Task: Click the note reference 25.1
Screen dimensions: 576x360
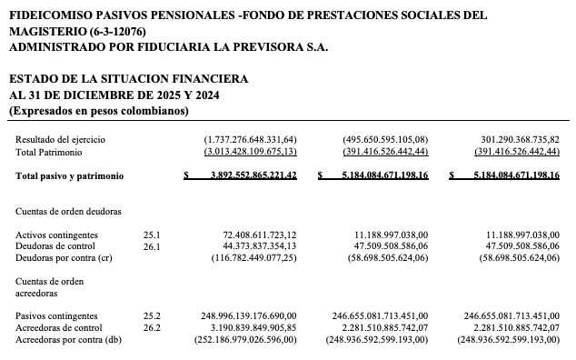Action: [151, 235]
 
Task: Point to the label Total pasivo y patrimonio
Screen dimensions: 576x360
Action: [69, 175]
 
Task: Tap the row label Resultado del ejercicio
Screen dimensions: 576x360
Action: [60, 139]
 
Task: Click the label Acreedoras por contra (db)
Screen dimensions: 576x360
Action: [66, 339]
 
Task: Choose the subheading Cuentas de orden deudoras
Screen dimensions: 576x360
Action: [69, 211]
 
